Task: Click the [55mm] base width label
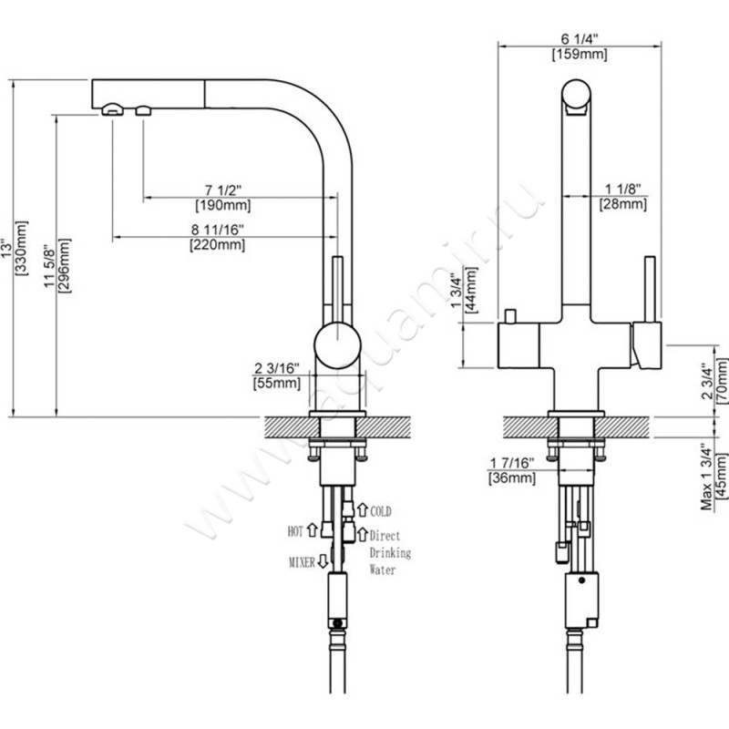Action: click(276, 383)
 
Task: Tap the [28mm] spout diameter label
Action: click(624, 204)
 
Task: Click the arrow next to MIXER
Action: click(323, 563)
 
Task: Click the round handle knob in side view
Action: click(336, 344)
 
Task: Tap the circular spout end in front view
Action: click(577, 98)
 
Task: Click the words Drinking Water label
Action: click(389, 560)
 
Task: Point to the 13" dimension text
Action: click(6, 248)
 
